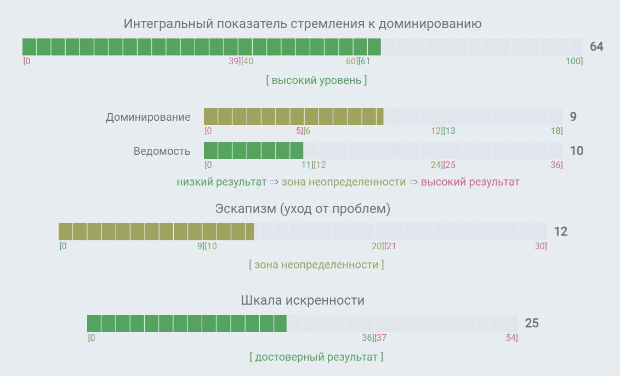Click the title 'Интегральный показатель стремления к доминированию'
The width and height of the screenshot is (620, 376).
[303, 24]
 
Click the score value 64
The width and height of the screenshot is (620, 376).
[596, 47]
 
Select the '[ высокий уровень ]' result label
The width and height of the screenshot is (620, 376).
[316, 80]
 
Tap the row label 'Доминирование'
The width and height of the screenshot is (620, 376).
[148, 117]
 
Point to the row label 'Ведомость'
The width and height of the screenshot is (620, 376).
[162, 151]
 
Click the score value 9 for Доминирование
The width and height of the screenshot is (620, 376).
[573, 116]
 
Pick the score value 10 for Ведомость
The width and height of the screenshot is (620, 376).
[576, 151]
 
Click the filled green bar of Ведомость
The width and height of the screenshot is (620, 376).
[253, 150]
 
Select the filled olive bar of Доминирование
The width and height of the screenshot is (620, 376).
[293, 116]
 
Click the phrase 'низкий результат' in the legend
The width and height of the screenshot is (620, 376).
[221, 182]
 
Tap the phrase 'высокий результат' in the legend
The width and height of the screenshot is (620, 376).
[470, 182]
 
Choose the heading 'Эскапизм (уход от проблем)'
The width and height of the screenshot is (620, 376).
[303, 209]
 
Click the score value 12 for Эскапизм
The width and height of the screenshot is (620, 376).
[560, 232]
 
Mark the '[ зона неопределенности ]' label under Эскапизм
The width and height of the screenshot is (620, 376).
[316, 265]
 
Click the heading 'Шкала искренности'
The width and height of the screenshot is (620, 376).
[303, 300]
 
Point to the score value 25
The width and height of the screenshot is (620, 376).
[532, 323]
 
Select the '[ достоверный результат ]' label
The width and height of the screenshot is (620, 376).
[316, 357]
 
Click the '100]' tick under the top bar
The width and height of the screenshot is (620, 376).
[574, 61]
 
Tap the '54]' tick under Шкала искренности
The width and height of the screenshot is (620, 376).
[511, 338]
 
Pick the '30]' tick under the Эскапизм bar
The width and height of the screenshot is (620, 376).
[541, 246]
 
